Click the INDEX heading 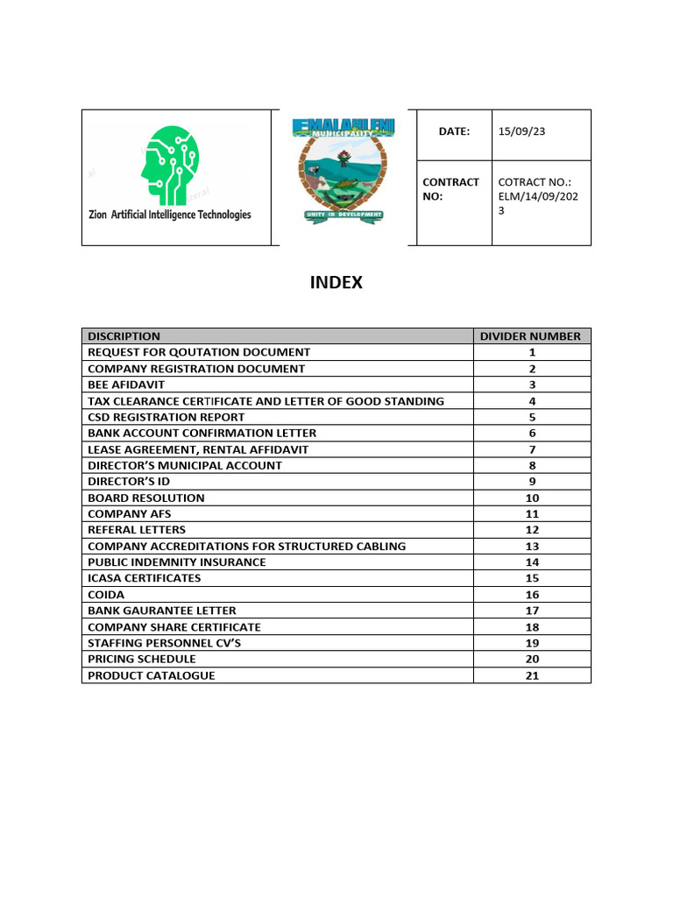pyautogui.click(x=336, y=283)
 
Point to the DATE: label pyautogui.click(x=455, y=131)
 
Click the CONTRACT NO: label pyautogui.click(x=450, y=189)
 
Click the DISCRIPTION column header pyautogui.click(x=124, y=335)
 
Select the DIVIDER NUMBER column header pyautogui.click(x=530, y=335)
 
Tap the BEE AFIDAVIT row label pyautogui.click(x=126, y=385)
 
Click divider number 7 pyautogui.click(x=532, y=449)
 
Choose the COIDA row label pyautogui.click(x=105, y=595)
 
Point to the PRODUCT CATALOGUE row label pyautogui.click(x=151, y=675)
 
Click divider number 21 pyautogui.click(x=532, y=675)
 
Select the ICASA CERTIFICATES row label pyautogui.click(x=144, y=578)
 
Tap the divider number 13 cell pyautogui.click(x=532, y=546)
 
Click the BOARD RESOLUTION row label pyautogui.click(x=145, y=498)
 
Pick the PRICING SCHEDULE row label pyautogui.click(x=141, y=659)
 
